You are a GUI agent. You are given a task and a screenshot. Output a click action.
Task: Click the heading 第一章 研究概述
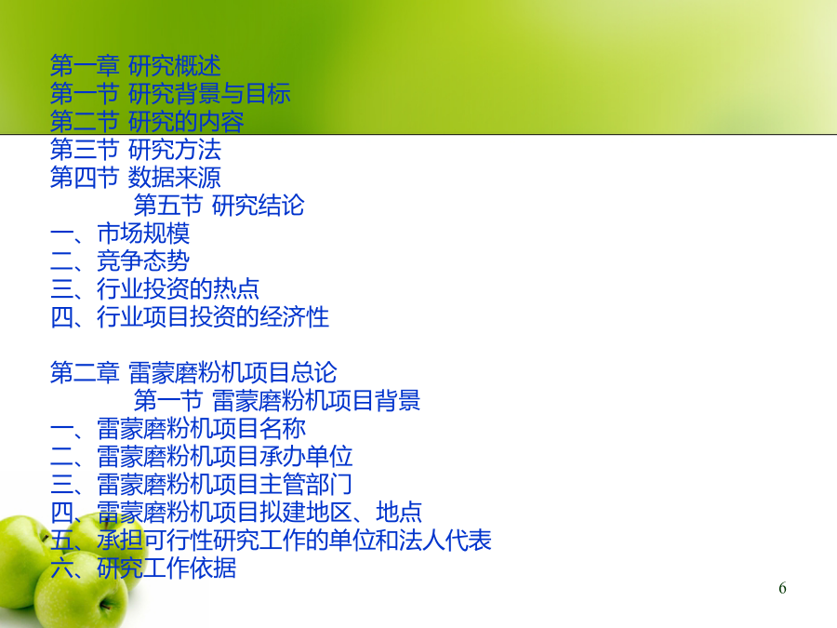pyautogui.click(x=136, y=66)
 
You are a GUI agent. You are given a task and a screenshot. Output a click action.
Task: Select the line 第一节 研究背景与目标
pyautogui.click(x=170, y=94)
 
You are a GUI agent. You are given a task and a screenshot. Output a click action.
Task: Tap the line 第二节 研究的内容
pyautogui.click(x=147, y=122)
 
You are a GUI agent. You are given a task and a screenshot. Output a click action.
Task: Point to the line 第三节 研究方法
pyautogui.click(x=136, y=150)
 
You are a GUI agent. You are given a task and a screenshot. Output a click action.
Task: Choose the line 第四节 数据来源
pyautogui.click(x=136, y=178)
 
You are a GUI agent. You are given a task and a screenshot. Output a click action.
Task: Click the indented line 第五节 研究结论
pyautogui.click(x=219, y=206)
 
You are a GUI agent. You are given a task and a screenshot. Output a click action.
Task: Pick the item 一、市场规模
pyautogui.click(x=120, y=234)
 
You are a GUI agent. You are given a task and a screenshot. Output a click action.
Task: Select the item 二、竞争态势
pyautogui.click(x=120, y=261)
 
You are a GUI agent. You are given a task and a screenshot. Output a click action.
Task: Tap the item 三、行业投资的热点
pyautogui.click(x=154, y=289)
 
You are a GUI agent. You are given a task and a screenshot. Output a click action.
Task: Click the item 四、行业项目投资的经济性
pyautogui.click(x=190, y=317)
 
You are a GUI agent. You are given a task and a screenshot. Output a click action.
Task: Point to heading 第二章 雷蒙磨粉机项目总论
pyautogui.click(x=193, y=373)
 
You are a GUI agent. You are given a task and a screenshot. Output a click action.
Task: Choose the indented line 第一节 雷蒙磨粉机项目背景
pyautogui.click(x=277, y=400)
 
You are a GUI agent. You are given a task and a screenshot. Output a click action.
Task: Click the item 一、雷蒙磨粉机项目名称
pyautogui.click(x=179, y=429)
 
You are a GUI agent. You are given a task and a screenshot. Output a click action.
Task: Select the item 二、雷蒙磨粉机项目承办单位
pyautogui.click(x=201, y=457)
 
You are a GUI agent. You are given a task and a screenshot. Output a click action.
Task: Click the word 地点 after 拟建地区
pyautogui.click(x=399, y=512)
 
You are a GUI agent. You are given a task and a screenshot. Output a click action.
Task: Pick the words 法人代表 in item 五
pyautogui.click(x=445, y=541)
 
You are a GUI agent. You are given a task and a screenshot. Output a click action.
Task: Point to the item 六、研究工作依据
pyautogui.click(x=143, y=568)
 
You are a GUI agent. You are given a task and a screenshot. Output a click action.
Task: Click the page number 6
pyautogui.click(x=782, y=588)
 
